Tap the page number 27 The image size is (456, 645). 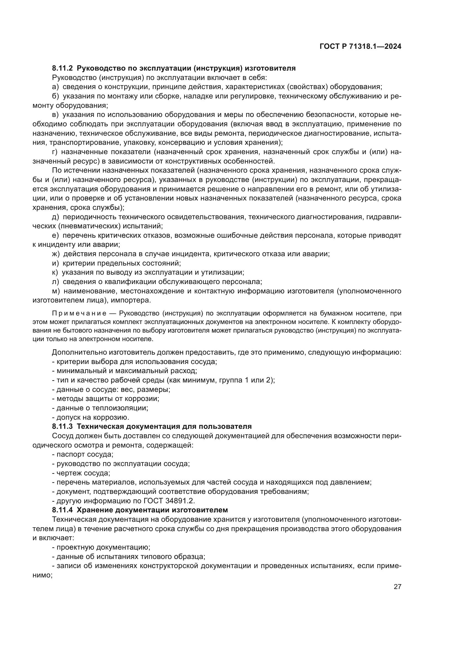click(397, 587)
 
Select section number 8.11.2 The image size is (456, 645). click(62, 68)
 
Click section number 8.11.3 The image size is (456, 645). click(62, 426)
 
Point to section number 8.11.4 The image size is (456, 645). click(62, 510)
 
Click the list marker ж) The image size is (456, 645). click(56, 254)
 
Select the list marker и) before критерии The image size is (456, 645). click(55, 263)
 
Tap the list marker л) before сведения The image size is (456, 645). click(55, 282)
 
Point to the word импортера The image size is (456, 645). click(131, 300)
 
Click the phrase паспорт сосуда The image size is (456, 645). click(85, 454)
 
